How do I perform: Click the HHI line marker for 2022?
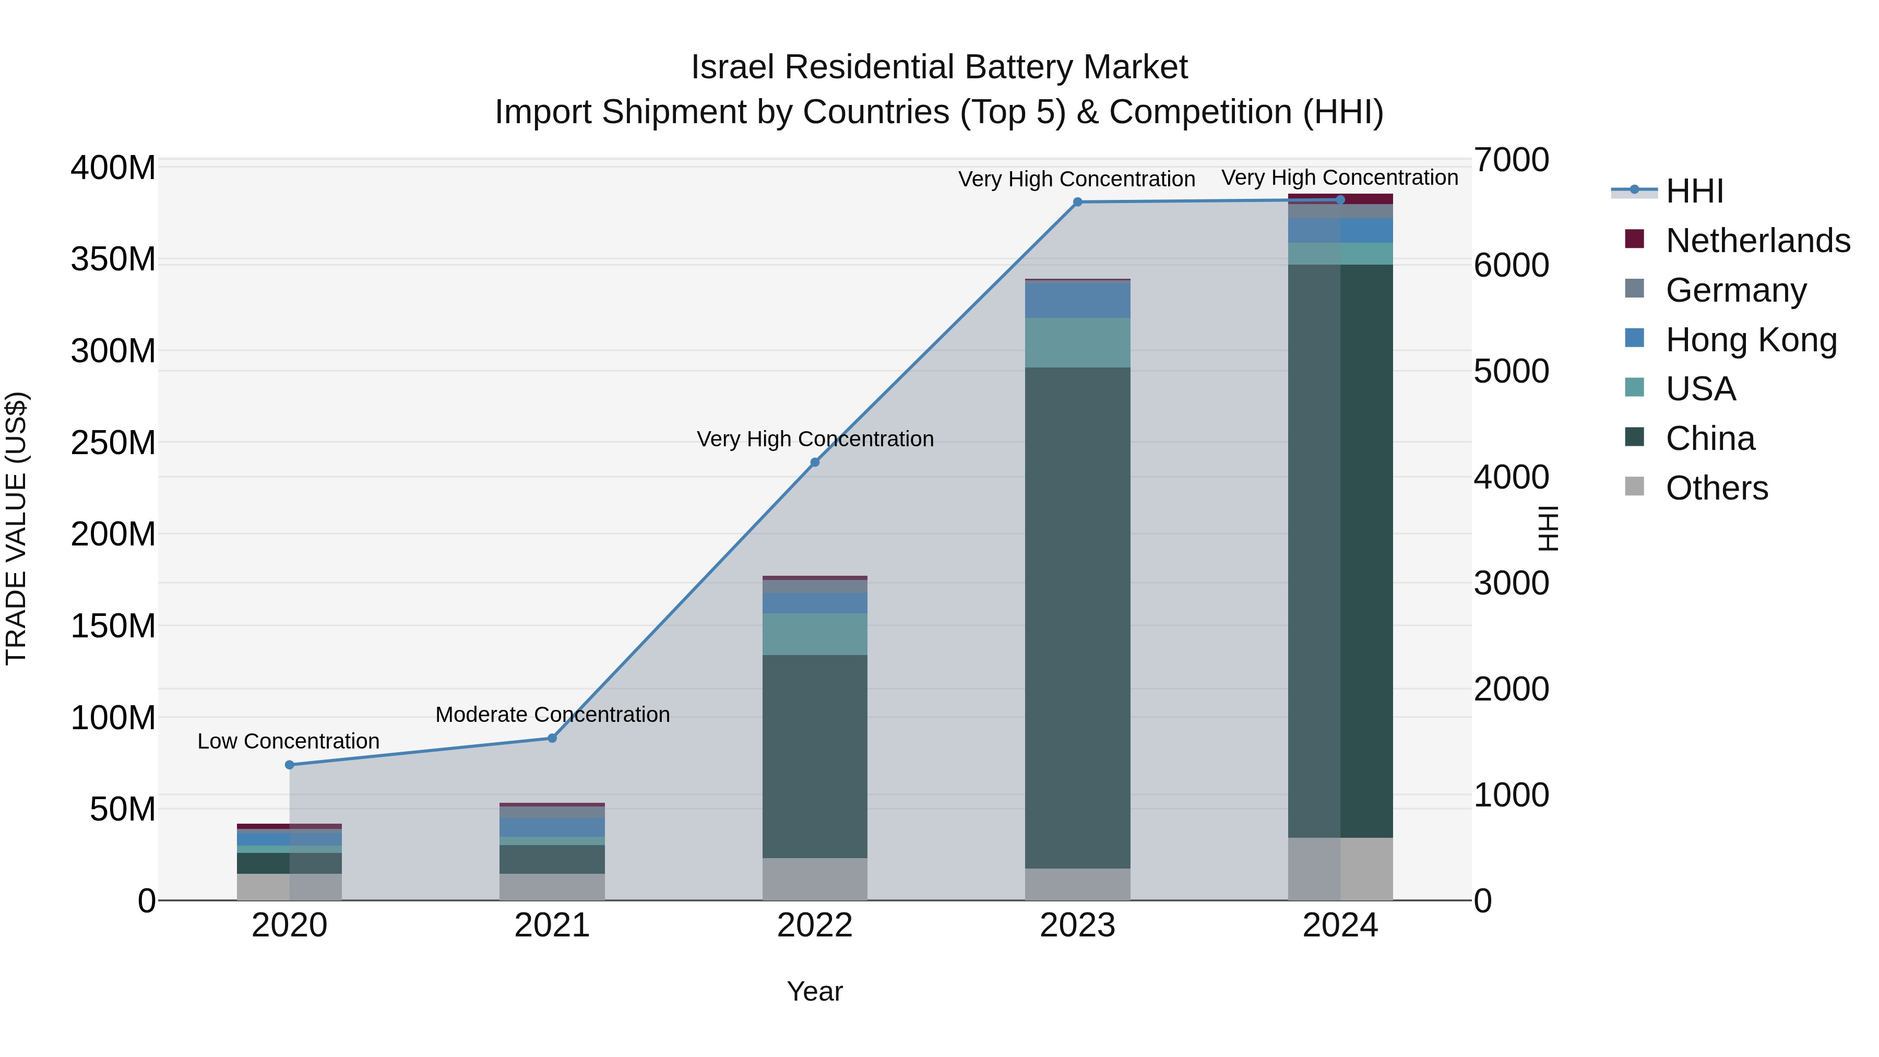pyautogui.click(x=815, y=462)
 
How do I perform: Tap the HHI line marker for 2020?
pyautogui.click(x=290, y=765)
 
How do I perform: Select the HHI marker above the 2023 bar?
pyautogui.click(x=1077, y=202)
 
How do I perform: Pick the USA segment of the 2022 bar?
pyautogui.click(x=815, y=634)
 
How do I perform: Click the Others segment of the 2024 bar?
pyautogui.click(x=1340, y=869)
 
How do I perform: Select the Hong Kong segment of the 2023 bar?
pyautogui.click(x=1077, y=300)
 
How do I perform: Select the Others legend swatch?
pyautogui.click(x=1635, y=486)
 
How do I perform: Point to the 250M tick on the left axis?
pyautogui.click(x=113, y=443)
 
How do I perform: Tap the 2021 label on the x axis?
pyautogui.click(x=552, y=925)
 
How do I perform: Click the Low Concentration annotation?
pyautogui.click(x=288, y=741)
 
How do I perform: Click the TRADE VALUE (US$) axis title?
pyautogui.click(x=16, y=528)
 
